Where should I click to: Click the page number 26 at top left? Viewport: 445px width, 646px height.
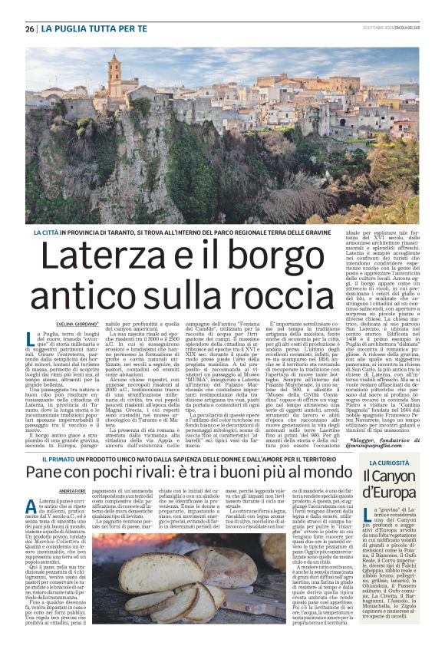29,29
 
